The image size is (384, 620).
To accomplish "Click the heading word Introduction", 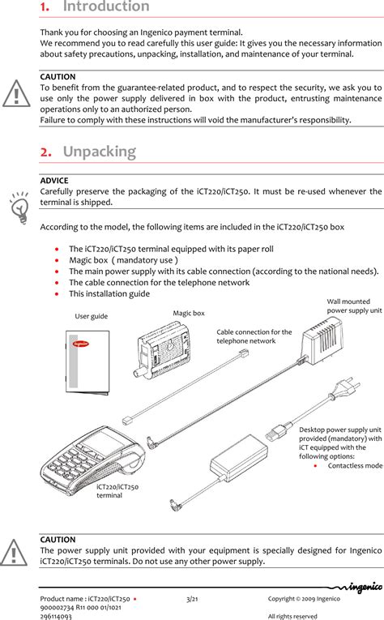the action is click(x=106, y=6).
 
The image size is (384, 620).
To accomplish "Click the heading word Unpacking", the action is click(x=100, y=152).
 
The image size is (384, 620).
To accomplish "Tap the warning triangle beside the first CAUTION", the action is click(x=16, y=94).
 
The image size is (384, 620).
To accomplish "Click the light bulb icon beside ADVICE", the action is click(x=19, y=207).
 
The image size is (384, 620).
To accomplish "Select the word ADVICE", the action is click(x=54, y=181).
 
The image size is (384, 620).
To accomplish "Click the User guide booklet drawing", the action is click(x=87, y=362).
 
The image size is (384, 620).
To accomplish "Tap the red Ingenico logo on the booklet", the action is click(x=81, y=344).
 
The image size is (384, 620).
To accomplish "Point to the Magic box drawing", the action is click(x=163, y=350).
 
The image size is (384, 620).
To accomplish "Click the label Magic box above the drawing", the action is click(x=189, y=313).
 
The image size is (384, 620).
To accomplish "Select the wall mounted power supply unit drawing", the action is click(x=322, y=341).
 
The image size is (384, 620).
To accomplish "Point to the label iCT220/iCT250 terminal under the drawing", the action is click(x=117, y=491).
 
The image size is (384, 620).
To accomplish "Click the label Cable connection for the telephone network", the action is click(x=254, y=336).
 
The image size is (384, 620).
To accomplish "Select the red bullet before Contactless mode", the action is click(x=315, y=466).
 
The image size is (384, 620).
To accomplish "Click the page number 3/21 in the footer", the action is click(x=192, y=599).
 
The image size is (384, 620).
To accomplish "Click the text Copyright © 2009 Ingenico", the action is click(x=304, y=599).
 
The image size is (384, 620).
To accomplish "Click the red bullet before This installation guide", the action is click(x=58, y=293).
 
